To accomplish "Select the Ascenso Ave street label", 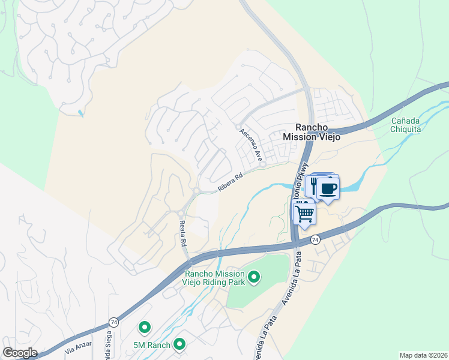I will tap(251, 144).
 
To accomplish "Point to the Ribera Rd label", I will tap(230, 183).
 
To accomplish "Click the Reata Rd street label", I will tap(183, 233).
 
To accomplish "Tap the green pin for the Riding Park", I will tap(254, 277).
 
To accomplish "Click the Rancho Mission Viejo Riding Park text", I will tap(217, 278).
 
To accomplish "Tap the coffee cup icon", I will tap(328, 188).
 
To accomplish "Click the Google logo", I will tap(20, 353).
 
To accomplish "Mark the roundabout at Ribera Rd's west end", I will tap(196, 191).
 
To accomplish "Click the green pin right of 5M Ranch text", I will tap(179, 344).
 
